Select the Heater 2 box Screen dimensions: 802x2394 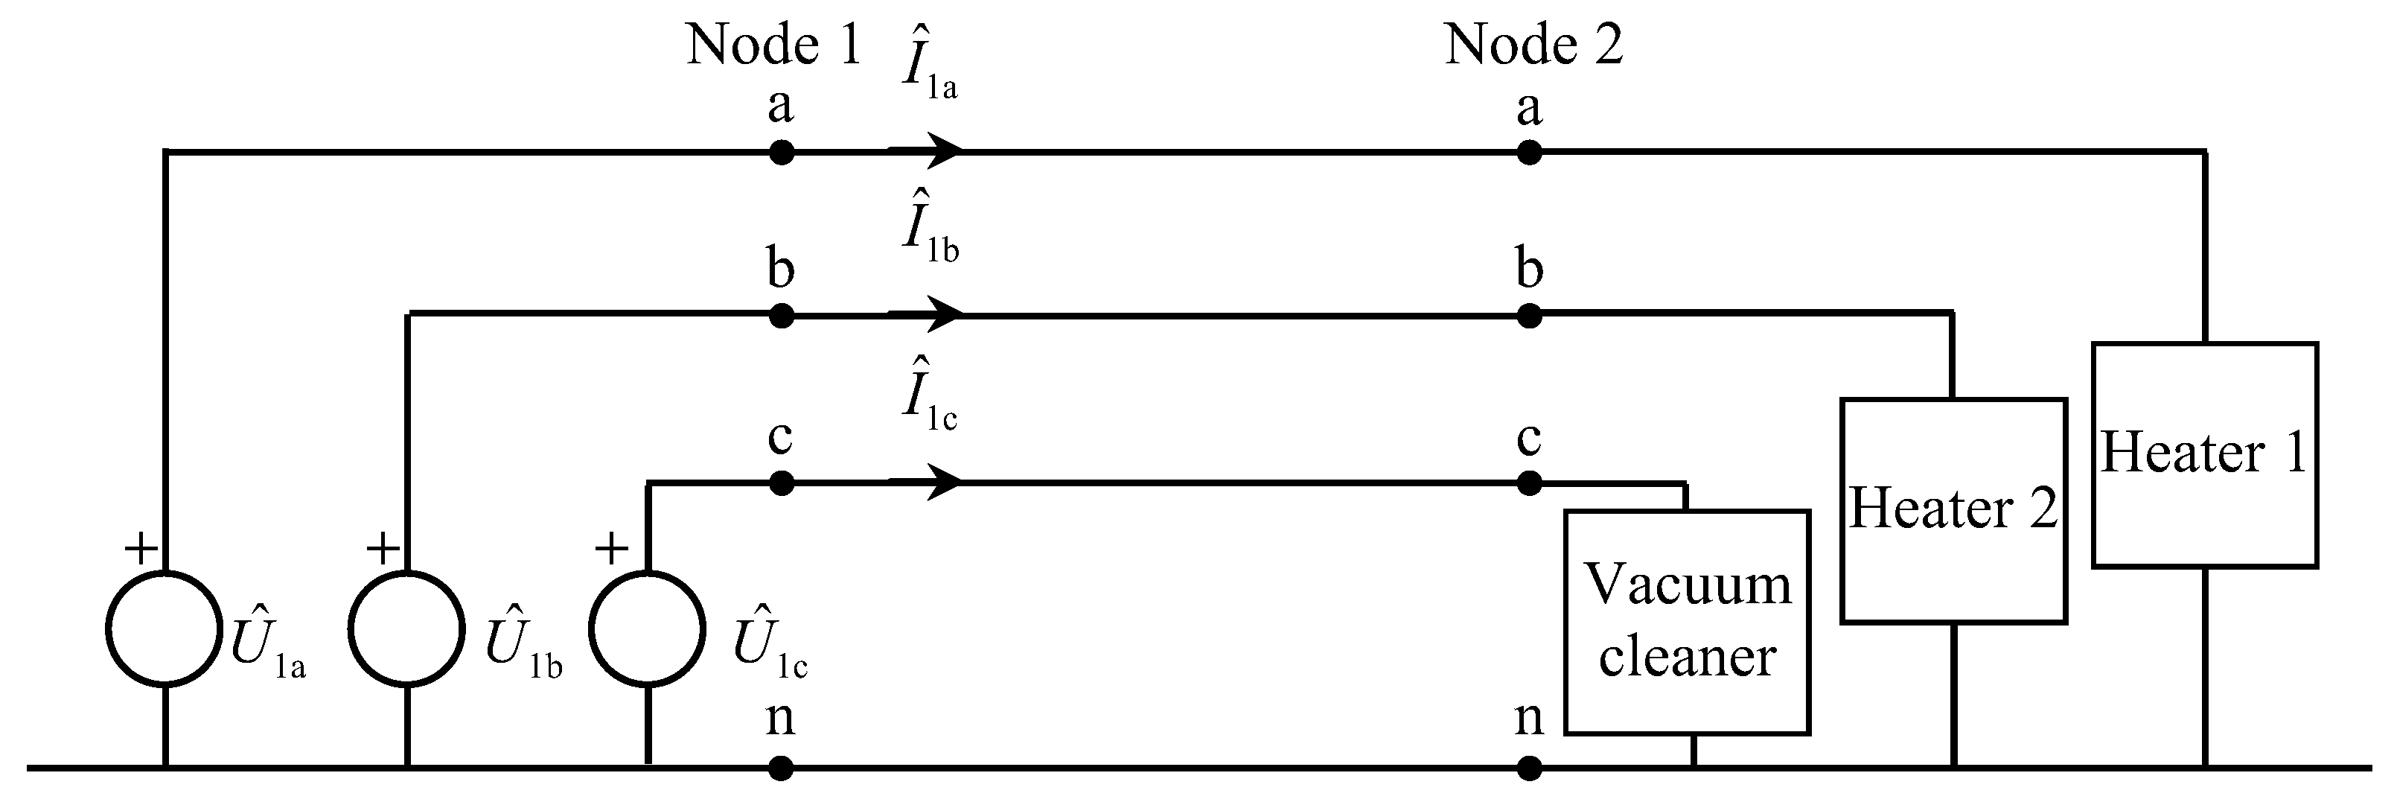click(x=1953, y=510)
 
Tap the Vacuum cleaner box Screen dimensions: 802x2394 click(x=1687, y=622)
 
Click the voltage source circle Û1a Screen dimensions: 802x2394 click(x=165, y=629)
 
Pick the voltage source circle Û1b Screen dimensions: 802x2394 click(x=407, y=629)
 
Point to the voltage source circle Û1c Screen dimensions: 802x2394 click(x=648, y=629)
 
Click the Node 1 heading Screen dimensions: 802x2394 click(x=773, y=44)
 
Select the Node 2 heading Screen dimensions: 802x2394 click(x=1533, y=44)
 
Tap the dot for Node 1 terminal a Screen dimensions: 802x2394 click(x=782, y=151)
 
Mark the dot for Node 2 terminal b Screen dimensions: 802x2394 click(x=1530, y=316)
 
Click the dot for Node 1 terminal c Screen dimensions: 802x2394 click(x=782, y=483)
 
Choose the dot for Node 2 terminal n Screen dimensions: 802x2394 click(x=1530, y=768)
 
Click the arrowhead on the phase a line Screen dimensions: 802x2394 click(x=939, y=150)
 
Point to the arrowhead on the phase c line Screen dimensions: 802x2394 click(x=939, y=483)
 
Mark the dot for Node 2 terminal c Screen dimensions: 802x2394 click(x=1530, y=483)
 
